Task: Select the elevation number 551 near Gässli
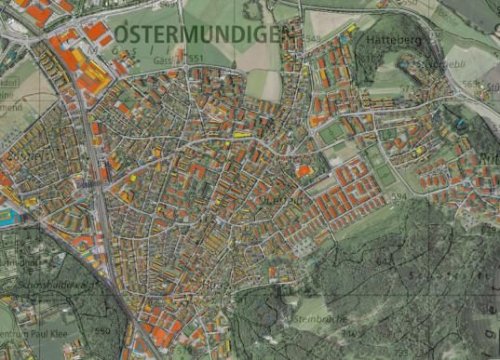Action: click(x=196, y=59)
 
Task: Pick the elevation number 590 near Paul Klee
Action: click(x=102, y=330)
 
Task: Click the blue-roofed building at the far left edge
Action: click(x=7, y=219)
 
